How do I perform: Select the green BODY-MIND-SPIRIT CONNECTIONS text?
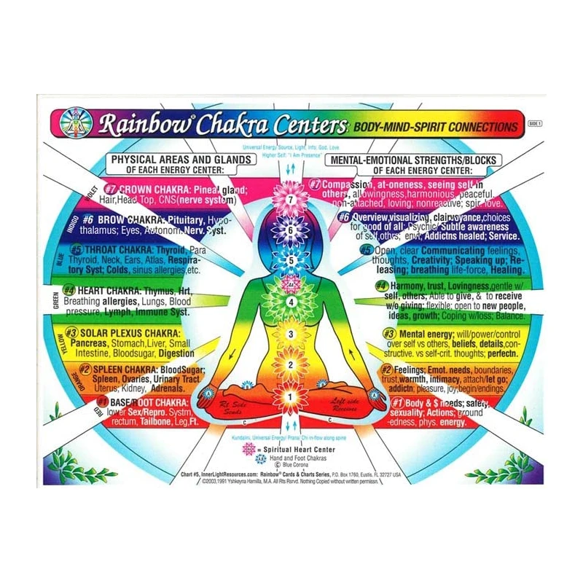pyautogui.click(x=435, y=127)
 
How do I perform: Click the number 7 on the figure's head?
pyautogui.click(x=291, y=199)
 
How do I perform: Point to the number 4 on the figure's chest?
pyautogui.click(x=291, y=301)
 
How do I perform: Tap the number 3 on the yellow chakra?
pyautogui.click(x=291, y=335)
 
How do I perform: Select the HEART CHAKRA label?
pyautogui.click(x=120, y=289)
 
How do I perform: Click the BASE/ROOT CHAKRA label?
pyautogui.click(x=142, y=402)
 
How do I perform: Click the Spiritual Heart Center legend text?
pyautogui.click(x=300, y=450)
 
